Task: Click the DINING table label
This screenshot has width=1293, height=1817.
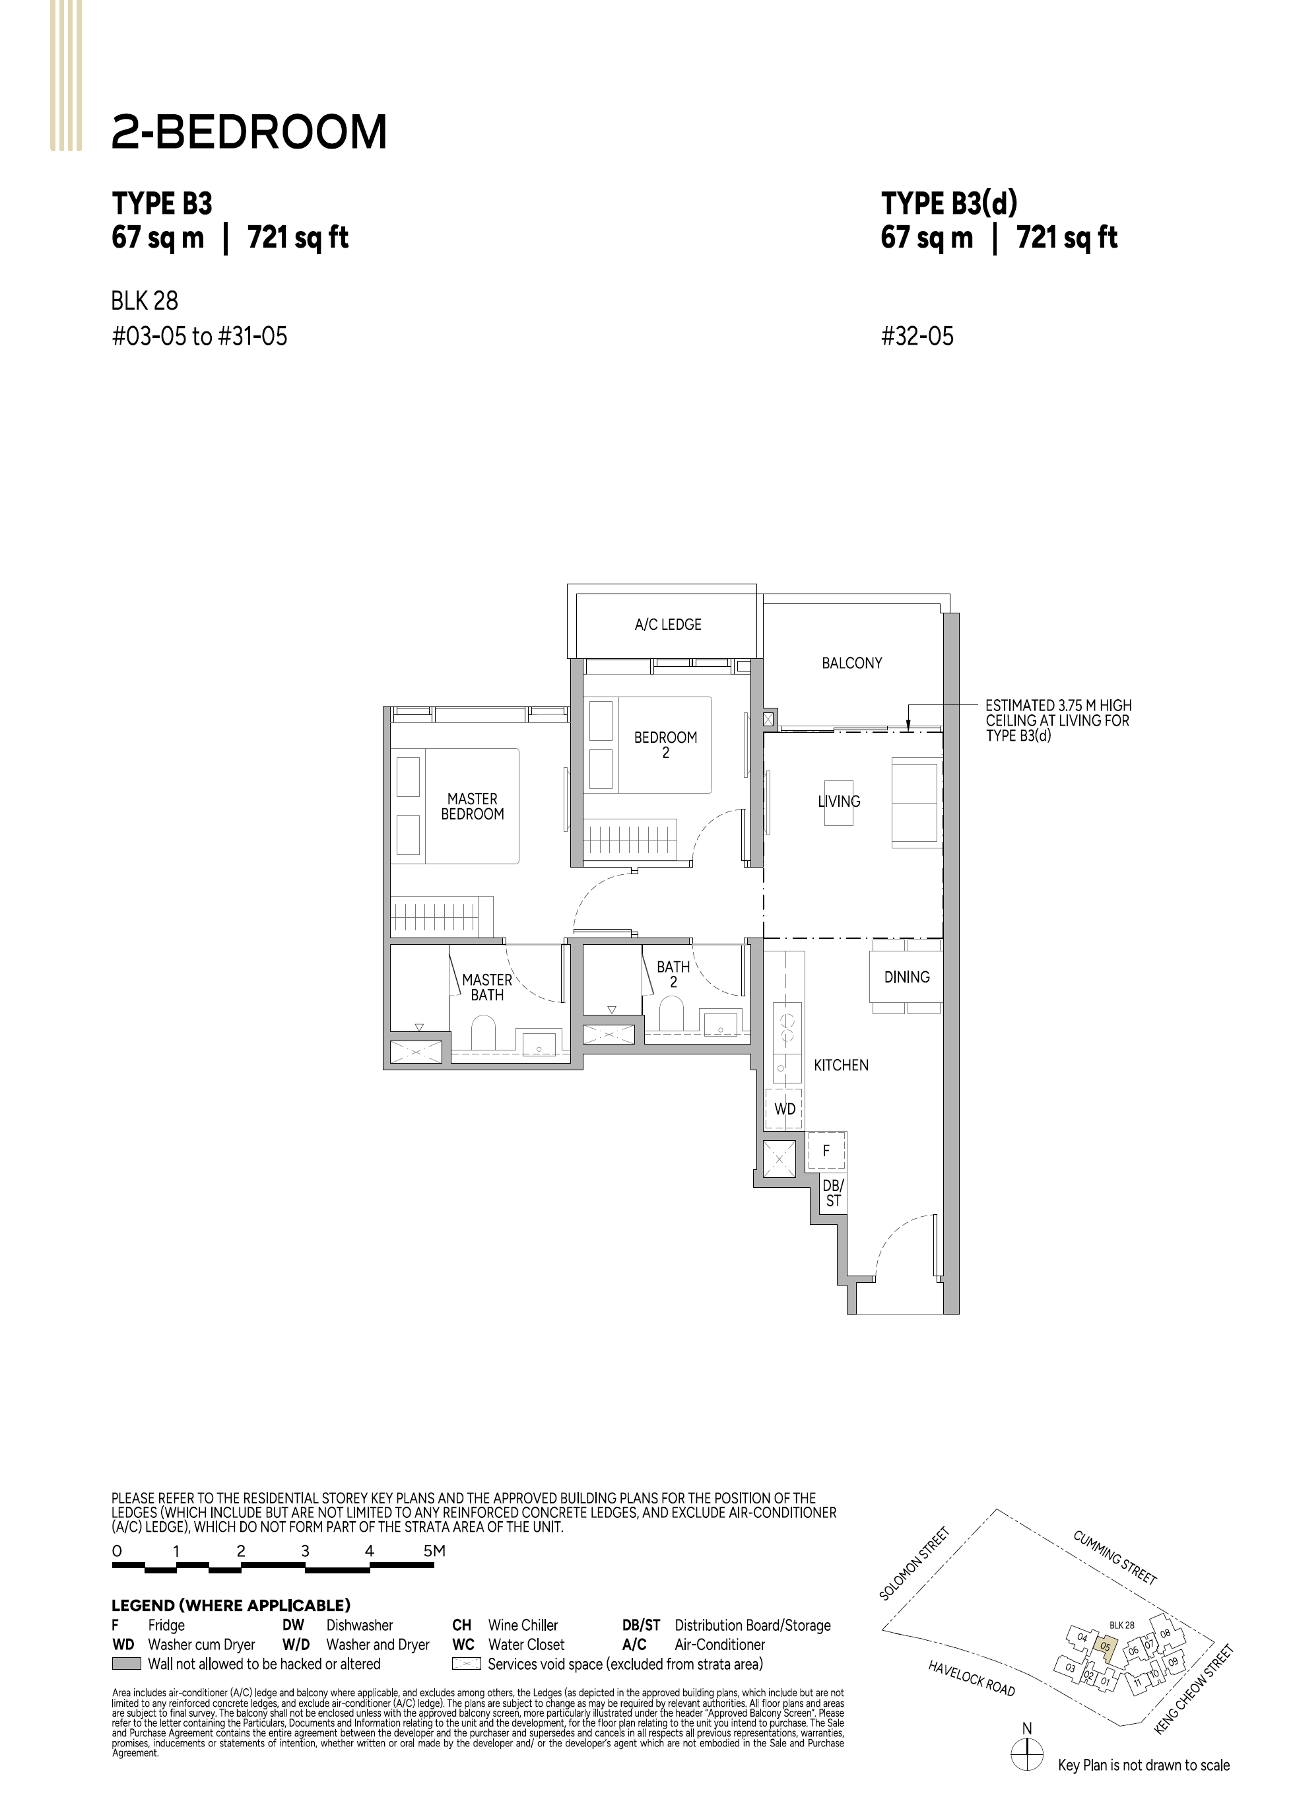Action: (907, 977)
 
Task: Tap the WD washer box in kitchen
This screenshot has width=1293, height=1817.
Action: (784, 1109)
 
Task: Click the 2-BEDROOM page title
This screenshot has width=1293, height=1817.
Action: (249, 132)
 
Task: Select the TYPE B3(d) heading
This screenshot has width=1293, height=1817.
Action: (949, 204)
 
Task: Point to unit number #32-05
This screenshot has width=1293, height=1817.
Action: (917, 336)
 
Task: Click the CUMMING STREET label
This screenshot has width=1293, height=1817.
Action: (1115, 1558)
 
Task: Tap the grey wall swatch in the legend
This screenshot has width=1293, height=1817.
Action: (127, 1663)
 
